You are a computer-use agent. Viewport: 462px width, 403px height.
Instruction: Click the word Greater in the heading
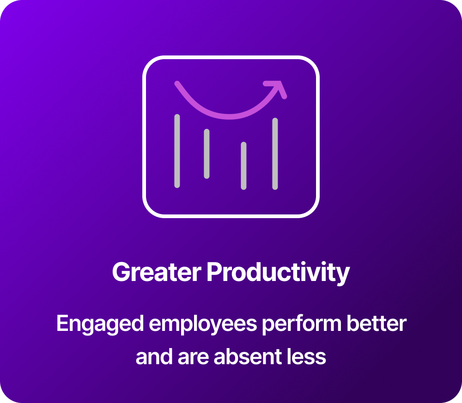[x=157, y=272]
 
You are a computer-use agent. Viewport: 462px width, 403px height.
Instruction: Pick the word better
[x=377, y=323]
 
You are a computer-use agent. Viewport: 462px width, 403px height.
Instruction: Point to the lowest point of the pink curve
[x=229, y=116]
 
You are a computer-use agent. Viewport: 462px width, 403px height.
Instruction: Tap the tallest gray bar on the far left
[x=177, y=151]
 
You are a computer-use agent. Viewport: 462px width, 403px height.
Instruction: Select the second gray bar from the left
[x=207, y=153]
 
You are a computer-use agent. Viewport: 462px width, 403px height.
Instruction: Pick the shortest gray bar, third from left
[x=243, y=165]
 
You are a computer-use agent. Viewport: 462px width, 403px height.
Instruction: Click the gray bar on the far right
[x=275, y=153]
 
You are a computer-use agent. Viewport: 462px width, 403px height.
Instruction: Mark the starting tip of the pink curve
[x=177, y=84]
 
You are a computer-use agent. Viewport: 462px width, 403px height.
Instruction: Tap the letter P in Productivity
[x=214, y=272]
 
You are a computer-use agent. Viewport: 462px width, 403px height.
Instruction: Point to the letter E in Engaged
[x=62, y=323]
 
